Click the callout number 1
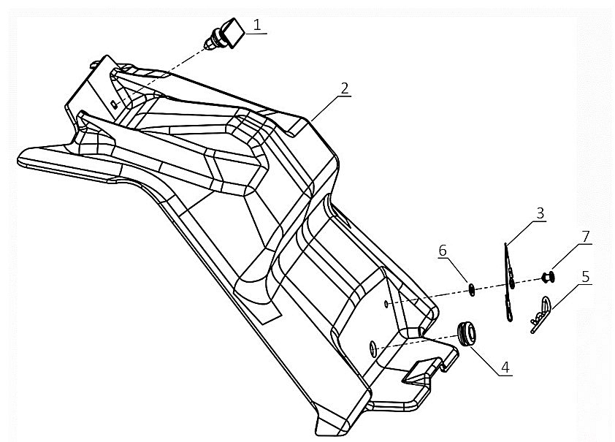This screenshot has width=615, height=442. (x=256, y=24)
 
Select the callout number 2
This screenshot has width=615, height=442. (x=344, y=88)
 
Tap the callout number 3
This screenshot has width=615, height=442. (x=540, y=213)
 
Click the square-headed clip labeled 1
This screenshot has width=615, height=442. (x=224, y=35)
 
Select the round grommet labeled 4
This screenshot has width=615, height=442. (x=467, y=333)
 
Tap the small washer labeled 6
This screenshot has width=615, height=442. (x=473, y=291)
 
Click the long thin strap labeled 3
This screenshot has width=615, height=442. (x=509, y=281)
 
